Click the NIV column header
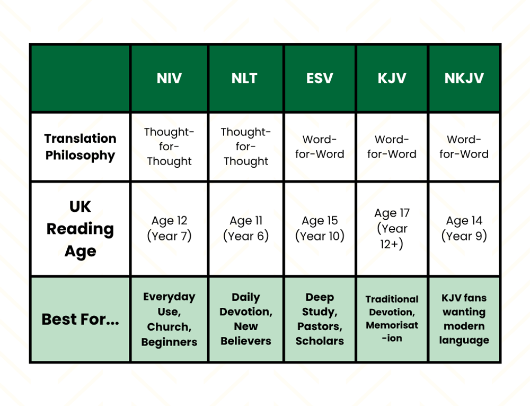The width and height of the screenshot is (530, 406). [x=169, y=79]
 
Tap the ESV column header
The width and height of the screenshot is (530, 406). [x=320, y=79]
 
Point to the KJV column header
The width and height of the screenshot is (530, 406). [x=392, y=79]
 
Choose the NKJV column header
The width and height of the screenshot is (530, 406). [x=464, y=79]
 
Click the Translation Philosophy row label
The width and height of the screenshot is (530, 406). [x=80, y=147]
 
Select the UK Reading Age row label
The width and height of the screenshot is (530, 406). [x=80, y=229]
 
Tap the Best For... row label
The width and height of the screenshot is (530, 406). [x=80, y=319]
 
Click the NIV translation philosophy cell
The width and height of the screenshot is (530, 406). [x=169, y=147]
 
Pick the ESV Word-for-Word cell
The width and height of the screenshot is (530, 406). [x=320, y=147]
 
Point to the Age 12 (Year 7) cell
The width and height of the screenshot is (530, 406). [x=169, y=228]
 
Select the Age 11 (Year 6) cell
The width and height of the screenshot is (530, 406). [x=246, y=228]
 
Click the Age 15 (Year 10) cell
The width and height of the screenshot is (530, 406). [x=320, y=228]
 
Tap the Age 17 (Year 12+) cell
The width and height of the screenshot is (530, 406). [x=392, y=228]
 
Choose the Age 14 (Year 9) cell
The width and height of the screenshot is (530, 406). [x=464, y=228]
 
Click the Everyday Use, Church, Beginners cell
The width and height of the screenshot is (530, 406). [x=169, y=319]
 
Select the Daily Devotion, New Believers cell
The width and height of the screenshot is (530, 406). [x=246, y=319]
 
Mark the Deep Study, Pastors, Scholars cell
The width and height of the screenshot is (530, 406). [x=320, y=319]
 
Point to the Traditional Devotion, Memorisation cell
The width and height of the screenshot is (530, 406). [x=392, y=318]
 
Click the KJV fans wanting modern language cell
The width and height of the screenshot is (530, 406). [x=464, y=319]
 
